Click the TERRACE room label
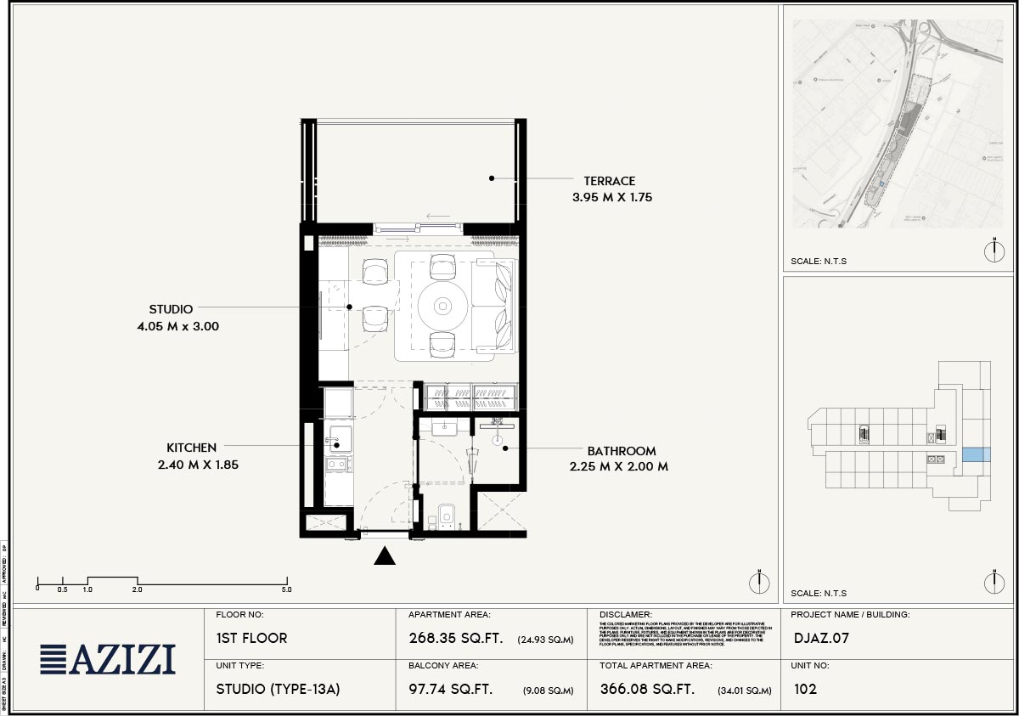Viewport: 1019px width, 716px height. coord(609,181)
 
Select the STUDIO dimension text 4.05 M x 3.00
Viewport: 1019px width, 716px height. coord(183,325)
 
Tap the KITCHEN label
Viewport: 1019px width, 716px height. coord(191,448)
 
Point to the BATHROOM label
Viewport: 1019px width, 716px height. coord(621,451)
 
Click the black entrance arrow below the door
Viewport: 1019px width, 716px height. coord(386,555)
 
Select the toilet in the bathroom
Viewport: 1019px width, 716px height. coord(446,515)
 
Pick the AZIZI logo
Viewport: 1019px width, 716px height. coord(108,660)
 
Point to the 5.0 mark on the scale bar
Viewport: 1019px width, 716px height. coord(286,589)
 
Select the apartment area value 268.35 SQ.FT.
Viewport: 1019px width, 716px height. coord(451,639)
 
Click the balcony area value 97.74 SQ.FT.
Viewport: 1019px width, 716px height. coord(450,690)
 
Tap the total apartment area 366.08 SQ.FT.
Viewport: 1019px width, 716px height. coord(647,690)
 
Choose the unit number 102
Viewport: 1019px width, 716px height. coord(805,690)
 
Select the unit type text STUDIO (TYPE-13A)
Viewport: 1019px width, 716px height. coord(278,690)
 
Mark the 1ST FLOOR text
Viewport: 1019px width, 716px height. coord(252,639)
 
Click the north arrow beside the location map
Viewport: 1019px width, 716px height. coord(994,251)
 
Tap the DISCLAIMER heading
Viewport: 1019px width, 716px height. coord(626,615)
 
